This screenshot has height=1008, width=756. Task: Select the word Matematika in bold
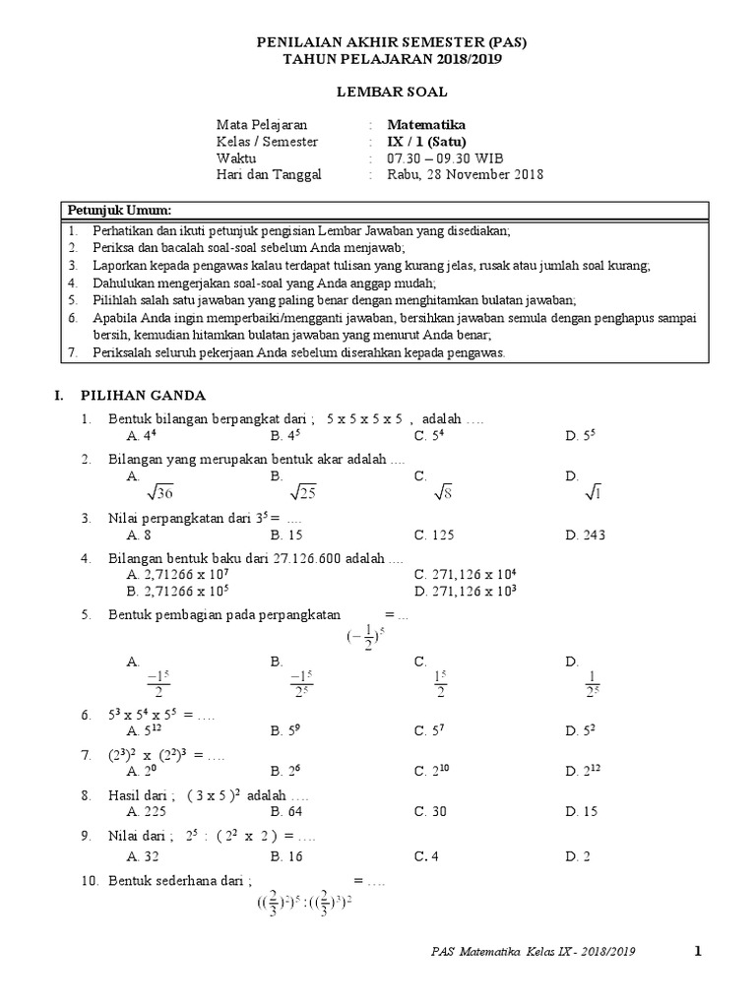pos(426,125)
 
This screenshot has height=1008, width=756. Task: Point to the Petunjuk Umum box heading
pos(118,211)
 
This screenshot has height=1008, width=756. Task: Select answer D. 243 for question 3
pos(586,535)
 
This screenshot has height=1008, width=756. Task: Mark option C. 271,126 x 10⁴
pos(466,575)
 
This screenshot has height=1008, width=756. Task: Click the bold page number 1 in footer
pos(697,951)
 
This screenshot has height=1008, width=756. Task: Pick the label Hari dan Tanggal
pos(269,175)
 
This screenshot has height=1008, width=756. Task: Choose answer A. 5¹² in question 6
pos(146,730)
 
